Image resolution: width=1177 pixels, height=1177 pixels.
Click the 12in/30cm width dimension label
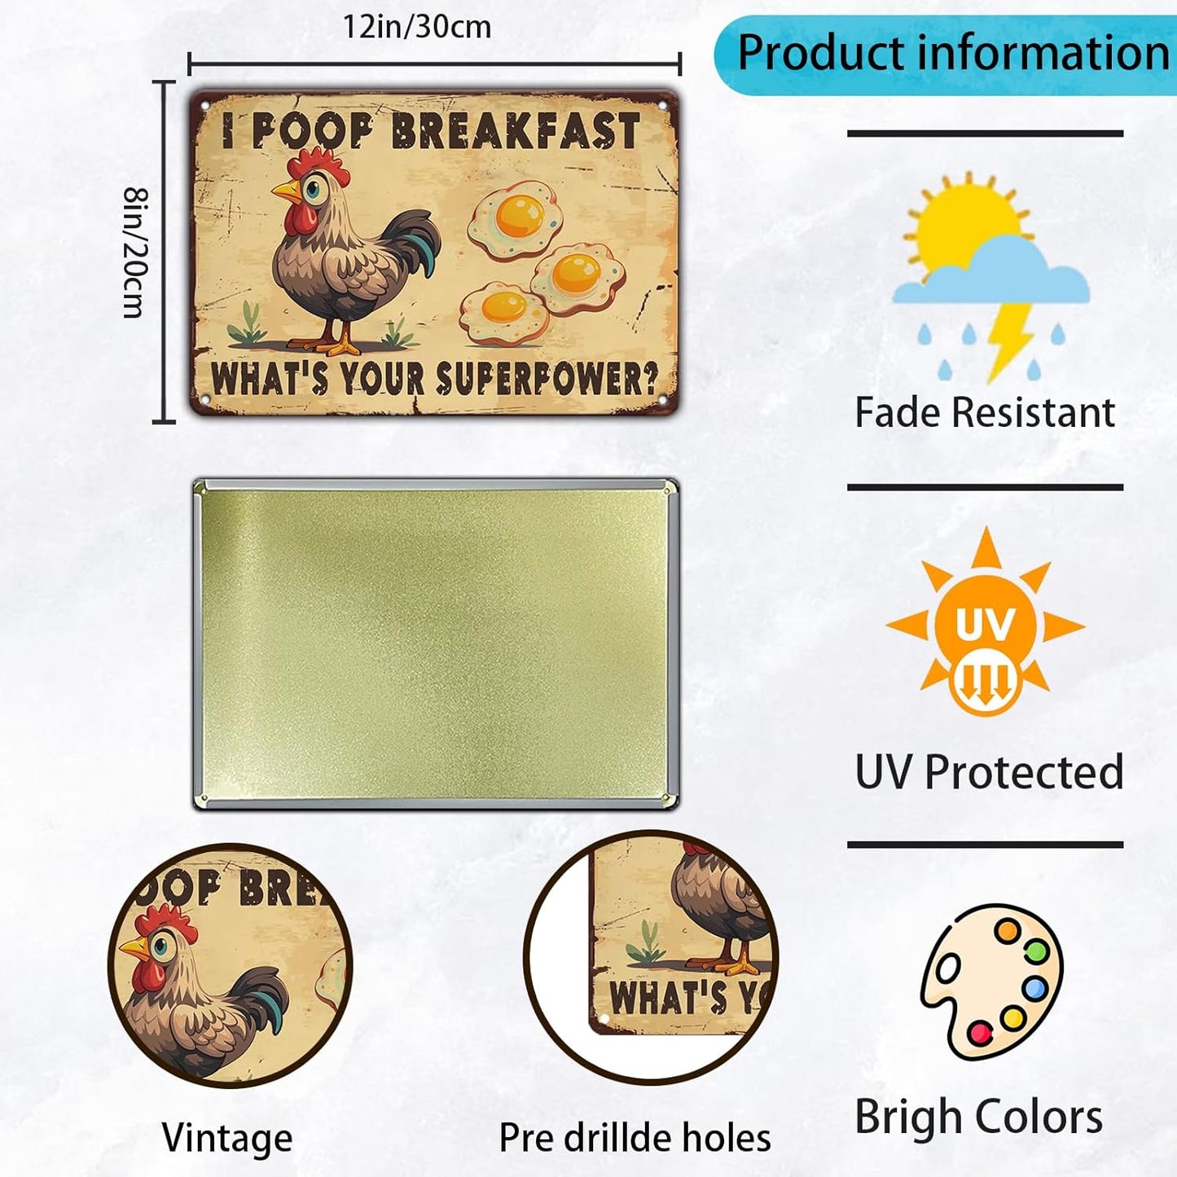tap(416, 28)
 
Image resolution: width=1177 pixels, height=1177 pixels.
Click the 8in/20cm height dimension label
tap(134, 253)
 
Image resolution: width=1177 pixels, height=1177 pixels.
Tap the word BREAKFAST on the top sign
tap(515, 131)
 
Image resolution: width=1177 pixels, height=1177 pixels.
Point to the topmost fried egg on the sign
tap(516, 218)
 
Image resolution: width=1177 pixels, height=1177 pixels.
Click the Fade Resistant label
tap(985, 412)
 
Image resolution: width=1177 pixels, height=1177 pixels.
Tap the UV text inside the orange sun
tap(986, 626)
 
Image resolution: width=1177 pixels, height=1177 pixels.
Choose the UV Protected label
tap(989, 771)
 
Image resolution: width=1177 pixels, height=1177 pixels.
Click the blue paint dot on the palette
tap(1034, 989)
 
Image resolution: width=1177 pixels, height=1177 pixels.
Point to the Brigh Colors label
tap(979, 1117)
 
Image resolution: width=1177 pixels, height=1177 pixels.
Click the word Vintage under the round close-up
tap(227, 1138)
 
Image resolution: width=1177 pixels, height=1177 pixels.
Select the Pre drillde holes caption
tap(635, 1138)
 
